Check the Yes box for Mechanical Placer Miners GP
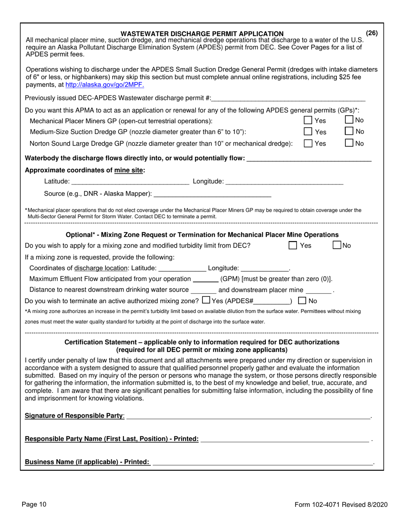click(x=308, y=121)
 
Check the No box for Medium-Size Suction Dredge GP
click(x=349, y=131)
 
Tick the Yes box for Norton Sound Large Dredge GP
click(x=308, y=144)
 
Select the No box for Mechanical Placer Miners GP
click(x=349, y=120)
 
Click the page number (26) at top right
click(x=372, y=33)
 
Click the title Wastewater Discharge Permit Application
click(x=202, y=34)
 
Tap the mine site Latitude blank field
click(x=130, y=182)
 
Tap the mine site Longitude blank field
click(x=284, y=182)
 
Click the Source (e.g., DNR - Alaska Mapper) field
click(x=212, y=194)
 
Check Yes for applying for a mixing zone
click(x=293, y=245)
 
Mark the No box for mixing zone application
click(x=337, y=245)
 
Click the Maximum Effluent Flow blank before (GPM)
click(x=205, y=279)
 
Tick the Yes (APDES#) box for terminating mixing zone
click(x=206, y=301)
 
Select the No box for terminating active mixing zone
click(x=302, y=301)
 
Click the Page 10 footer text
click(x=34, y=505)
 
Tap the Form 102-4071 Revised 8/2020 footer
click(x=341, y=505)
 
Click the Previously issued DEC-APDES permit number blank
click(x=288, y=98)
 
